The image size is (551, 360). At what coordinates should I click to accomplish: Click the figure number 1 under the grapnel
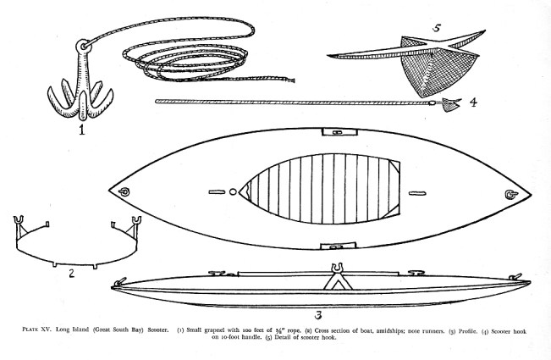(x=81, y=130)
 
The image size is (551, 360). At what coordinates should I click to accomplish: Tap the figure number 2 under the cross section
(x=72, y=273)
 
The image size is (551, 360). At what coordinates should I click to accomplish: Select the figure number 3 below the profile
(x=318, y=315)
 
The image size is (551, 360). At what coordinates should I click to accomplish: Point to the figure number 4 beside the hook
(x=473, y=102)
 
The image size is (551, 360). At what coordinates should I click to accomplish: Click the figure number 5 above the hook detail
(x=437, y=28)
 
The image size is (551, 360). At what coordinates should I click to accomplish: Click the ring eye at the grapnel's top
(x=84, y=46)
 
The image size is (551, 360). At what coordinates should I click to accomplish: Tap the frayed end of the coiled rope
(x=290, y=80)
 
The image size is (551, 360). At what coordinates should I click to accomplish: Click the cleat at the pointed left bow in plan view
(x=124, y=192)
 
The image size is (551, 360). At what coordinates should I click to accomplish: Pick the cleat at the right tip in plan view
(x=511, y=195)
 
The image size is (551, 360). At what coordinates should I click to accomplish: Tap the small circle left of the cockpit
(x=233, y=192)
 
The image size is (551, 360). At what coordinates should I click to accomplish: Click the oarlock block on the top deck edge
(x=339, y=132)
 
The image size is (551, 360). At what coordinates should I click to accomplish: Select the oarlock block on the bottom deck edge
(x=339, y=246)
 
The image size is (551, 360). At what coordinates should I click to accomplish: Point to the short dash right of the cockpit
(x=417, y=193)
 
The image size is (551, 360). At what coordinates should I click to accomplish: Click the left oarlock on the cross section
(x=19, y=220)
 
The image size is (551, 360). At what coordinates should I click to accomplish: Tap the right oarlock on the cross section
(x=136, y=220)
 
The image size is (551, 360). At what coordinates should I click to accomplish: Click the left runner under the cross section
(x=55, y=265)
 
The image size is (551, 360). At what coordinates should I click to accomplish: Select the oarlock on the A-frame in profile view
(x=338, y=268)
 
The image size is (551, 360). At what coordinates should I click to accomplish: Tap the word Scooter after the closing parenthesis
(x=158, y=330)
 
